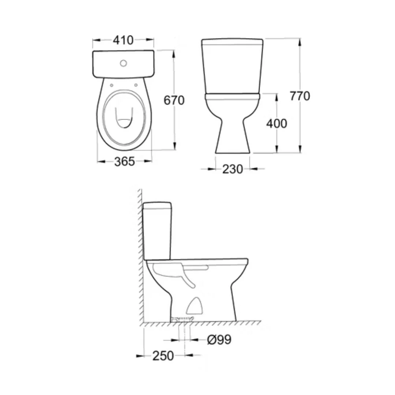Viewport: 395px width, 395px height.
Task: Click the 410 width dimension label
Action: pyautogui.click(x=123, y=40)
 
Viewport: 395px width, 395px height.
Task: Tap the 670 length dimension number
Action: pyautogui.click(x=174, y=100)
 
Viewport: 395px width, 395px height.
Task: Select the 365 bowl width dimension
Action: pyautogui.click(x=124, y=162)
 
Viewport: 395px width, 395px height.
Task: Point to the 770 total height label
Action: pyautogui.click(x=300, y=96)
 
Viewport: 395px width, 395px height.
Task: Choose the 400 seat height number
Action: pyautogui.click(x=276, y=124)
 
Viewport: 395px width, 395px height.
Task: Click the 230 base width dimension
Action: pyautogui.click(x=233, y=169)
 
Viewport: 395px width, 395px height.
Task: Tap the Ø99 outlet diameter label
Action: pyautogui.click(x=219, y=339)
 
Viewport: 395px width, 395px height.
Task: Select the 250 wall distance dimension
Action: pyautogui.click(x=163, y=356)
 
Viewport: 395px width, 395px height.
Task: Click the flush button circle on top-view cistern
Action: pyautogui.click(x=124, y=63)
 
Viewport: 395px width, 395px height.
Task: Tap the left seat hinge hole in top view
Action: pyautogui.click(x=112, y=85)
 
